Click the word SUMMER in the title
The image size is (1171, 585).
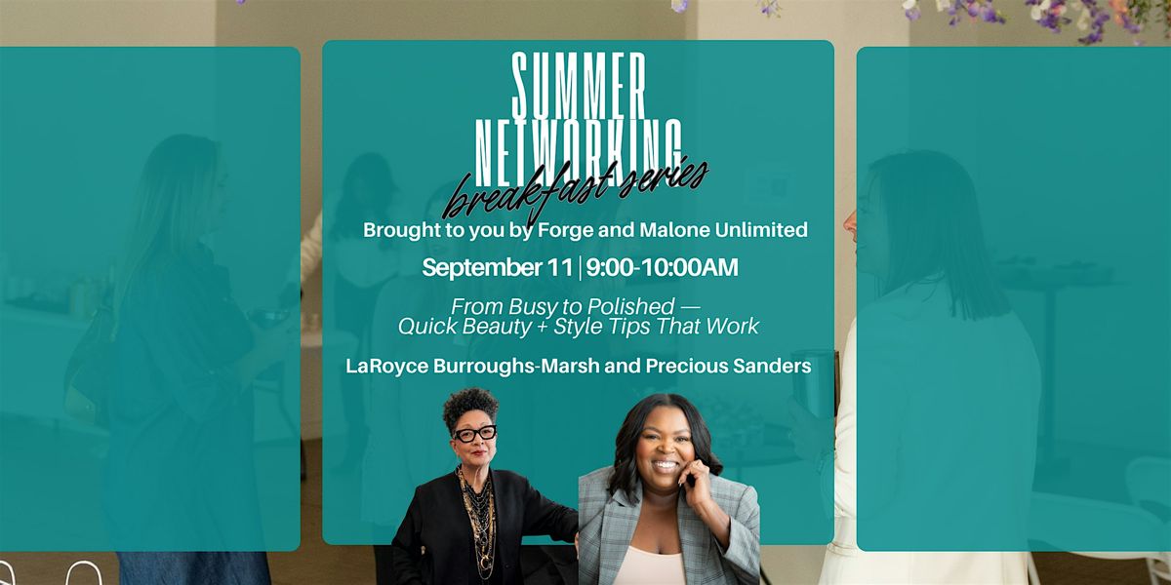[580, 85]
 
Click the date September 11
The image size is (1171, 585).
[497, 268]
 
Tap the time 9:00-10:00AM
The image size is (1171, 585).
[662, 267]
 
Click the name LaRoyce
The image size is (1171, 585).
[386, 367]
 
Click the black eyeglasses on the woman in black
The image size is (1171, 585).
[474, 434]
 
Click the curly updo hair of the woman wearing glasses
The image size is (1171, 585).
[469, 407]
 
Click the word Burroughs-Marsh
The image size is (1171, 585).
[516, 367]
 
